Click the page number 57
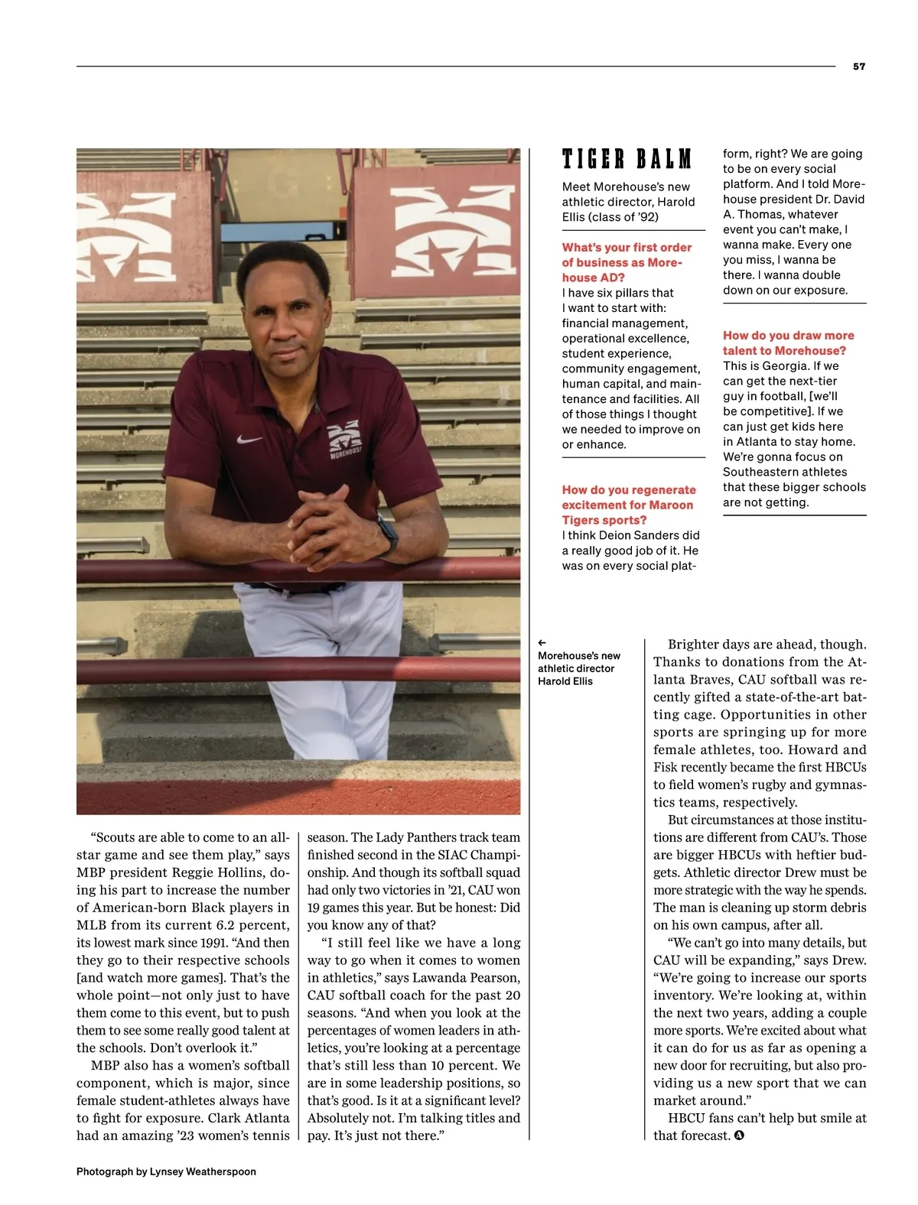[859, 67]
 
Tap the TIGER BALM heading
[627, 159]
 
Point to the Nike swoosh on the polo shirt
[249, 440]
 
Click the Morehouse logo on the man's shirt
[344, 439]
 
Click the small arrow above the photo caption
[542, 643]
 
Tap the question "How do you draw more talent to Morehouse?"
[788, 343]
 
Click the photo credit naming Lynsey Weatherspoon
[166, 1171]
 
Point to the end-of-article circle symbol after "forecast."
[739, 1135]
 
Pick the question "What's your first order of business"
[627, 262]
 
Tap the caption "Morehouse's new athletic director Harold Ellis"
[578, 668]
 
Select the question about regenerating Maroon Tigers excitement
[629, 505]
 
